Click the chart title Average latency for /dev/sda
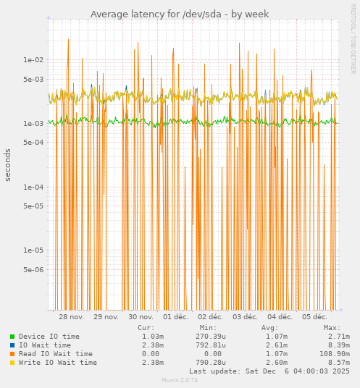(x=180, y=14)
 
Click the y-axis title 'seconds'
(x=8, y=165)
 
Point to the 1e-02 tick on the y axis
(x=35, y=60)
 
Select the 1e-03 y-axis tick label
(x=35, y=124)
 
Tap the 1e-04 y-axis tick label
(x=35, y=187)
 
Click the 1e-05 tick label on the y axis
(x=35, y=250)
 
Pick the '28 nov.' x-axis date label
(x=71, y=317)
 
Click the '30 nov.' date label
(x=141, y=317)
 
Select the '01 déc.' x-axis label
(x=176, y=317)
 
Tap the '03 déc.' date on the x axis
(x=246, y=317)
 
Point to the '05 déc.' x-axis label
(x=314, y=317)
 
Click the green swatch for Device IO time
(x=12, y=337)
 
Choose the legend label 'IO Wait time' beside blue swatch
(x=45, y=345)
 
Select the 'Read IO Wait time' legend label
(x=56, y=354)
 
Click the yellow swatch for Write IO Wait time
(x=12, y=363)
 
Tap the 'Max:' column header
(x=332, y=328)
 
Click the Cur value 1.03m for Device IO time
(x=152, y=337)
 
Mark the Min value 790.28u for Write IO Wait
(x=211, y=363)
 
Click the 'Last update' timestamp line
(x=269, y=371)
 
